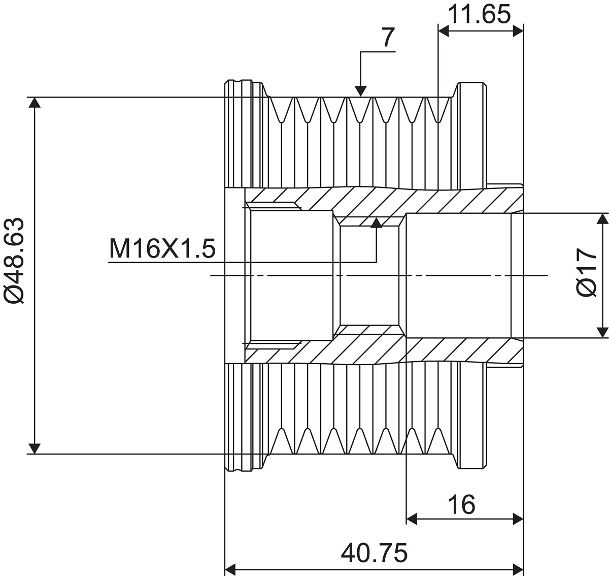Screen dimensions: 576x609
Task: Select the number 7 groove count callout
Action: [x=387, y=38]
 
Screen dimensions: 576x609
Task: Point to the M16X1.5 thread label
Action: [x=162, y=249]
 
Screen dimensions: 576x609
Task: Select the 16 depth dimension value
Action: [x=461, y=504]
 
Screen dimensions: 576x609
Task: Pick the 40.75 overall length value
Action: [x=374, y=553]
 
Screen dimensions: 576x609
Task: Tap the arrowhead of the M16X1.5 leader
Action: [x=376, y=223]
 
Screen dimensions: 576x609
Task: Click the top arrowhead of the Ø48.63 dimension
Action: [x=35, y=103]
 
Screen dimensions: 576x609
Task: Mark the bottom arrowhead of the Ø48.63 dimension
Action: [x=35, y=448]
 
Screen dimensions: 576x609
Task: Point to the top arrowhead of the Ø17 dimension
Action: [x=602, y=219]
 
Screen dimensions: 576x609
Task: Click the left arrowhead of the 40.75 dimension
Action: [x=231, y=567]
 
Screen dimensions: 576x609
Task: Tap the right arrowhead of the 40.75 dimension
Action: [x=517, y=567]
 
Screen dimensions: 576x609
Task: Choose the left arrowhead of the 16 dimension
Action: [x=413, y=519]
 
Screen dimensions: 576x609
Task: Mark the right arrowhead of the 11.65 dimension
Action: [x=517, y=31]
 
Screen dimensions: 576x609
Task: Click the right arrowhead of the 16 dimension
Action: [x=517, y=519]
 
